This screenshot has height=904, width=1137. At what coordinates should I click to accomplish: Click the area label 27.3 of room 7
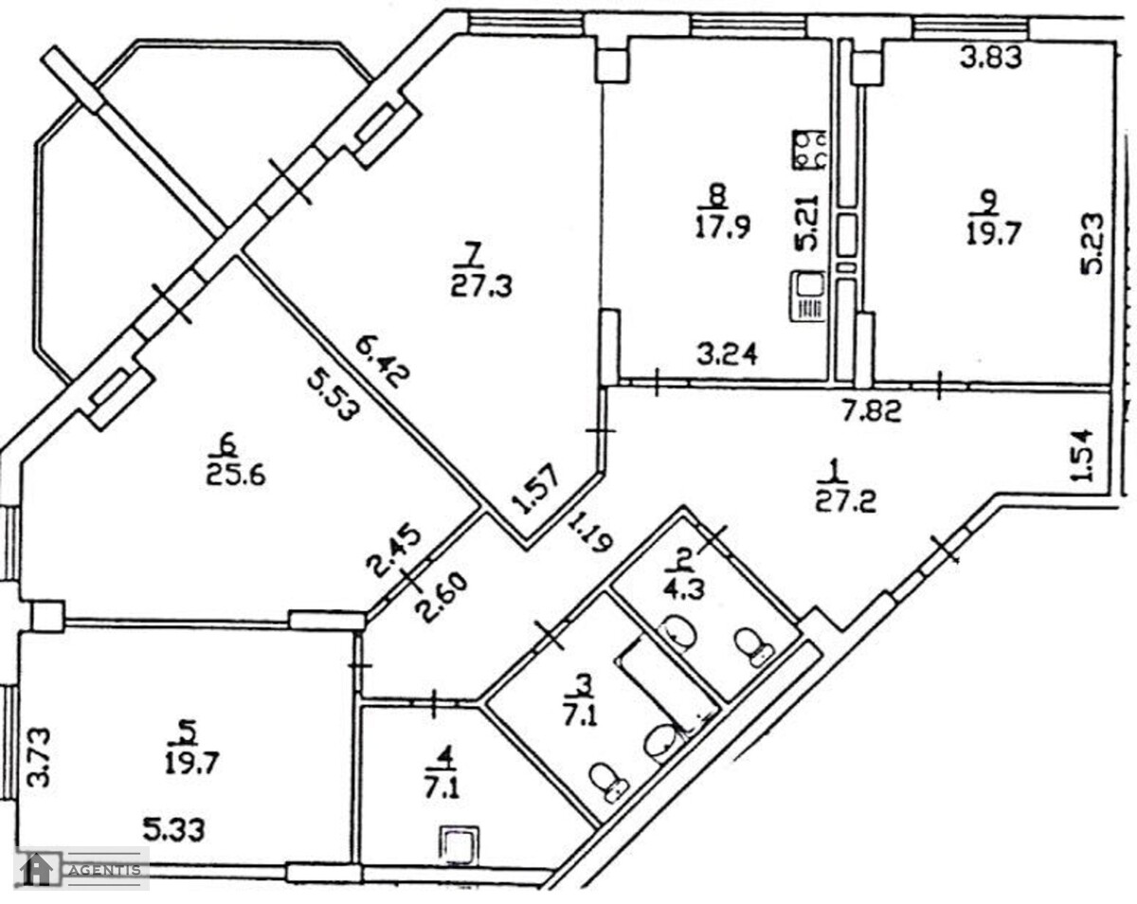[x=481, y=288]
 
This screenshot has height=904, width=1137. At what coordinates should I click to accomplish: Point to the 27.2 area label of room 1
[x=846, y=502]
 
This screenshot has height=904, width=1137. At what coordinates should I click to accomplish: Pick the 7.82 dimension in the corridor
[x=871, y=411]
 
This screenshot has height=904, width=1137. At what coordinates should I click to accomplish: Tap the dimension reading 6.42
[x=383, y=362]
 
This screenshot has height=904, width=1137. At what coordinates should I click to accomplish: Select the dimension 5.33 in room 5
[x=173, y=830]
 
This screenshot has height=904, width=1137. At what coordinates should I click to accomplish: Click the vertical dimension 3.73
[x=39, y=757]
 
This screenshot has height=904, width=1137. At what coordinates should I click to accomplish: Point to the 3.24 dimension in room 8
[x=727, y=354]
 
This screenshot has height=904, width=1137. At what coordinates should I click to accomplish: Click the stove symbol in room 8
[x=809, y=150]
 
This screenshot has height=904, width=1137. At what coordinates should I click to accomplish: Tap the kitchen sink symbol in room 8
[x=808, y=296]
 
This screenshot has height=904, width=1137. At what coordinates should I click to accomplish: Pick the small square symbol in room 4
[x=460, y=843]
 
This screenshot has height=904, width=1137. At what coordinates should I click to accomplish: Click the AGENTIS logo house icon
[x=36, y=870]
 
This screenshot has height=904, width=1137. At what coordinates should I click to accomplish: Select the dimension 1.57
[x=535, y=488]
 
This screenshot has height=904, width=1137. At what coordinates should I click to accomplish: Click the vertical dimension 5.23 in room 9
[x=1092, y=244]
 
